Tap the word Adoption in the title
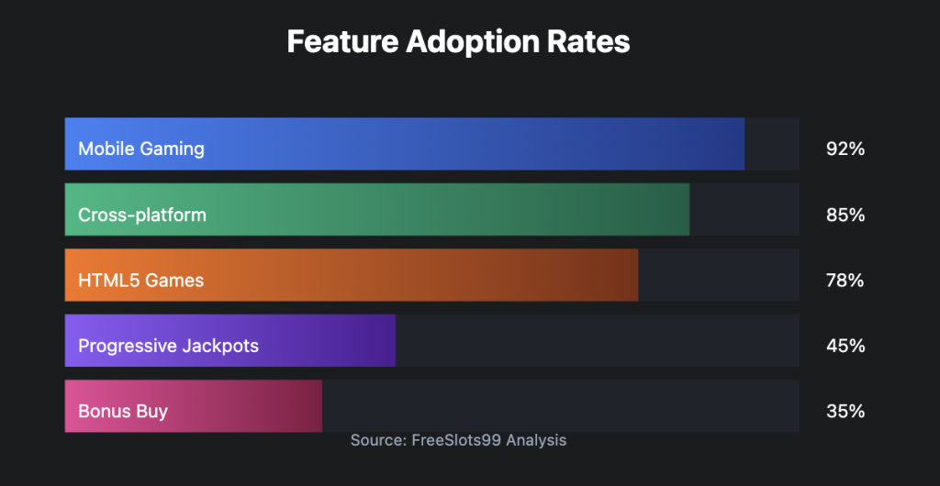476,43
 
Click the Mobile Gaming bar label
141,149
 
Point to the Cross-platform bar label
142,215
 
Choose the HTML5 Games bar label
140,280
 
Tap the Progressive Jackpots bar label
169,346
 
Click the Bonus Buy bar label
123,411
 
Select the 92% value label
845,149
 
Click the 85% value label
845,215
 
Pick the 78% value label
845,280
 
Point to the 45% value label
845,346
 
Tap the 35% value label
845,412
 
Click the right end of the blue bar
744,144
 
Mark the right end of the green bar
688,209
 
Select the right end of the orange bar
638,275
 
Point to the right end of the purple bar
395,340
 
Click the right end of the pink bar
321,406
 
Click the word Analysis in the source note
536,441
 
